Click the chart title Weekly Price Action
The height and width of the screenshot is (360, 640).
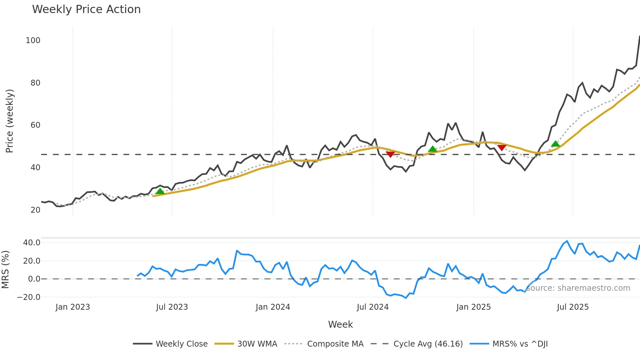click(x=86, y=9)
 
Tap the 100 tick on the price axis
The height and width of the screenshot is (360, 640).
click(x=33, y=41)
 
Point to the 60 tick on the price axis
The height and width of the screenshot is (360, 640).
click(x=35, y=125)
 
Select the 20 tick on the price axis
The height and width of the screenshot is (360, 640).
click(x=35, y=210)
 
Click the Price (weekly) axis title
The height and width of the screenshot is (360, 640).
click(x=9, y=121)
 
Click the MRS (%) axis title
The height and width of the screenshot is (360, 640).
click(x=5, y=270)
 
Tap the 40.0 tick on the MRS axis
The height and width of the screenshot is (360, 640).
click(x=32, y=243)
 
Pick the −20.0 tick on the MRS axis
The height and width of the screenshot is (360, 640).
click(x=29, y=297)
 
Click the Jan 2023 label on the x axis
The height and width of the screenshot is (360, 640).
click(x=72, y=307)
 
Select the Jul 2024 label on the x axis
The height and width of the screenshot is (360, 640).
click(x=373, y=307)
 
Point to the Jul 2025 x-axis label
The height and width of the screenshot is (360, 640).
click(x=573, y=307)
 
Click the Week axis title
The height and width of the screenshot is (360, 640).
click(x=340, y=324)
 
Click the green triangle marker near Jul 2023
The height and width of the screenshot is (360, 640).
click(x=160, y=191)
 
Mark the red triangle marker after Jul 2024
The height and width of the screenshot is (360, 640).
click(x=390, y=154)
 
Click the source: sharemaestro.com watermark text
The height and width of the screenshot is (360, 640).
click(x=578, y=288)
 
